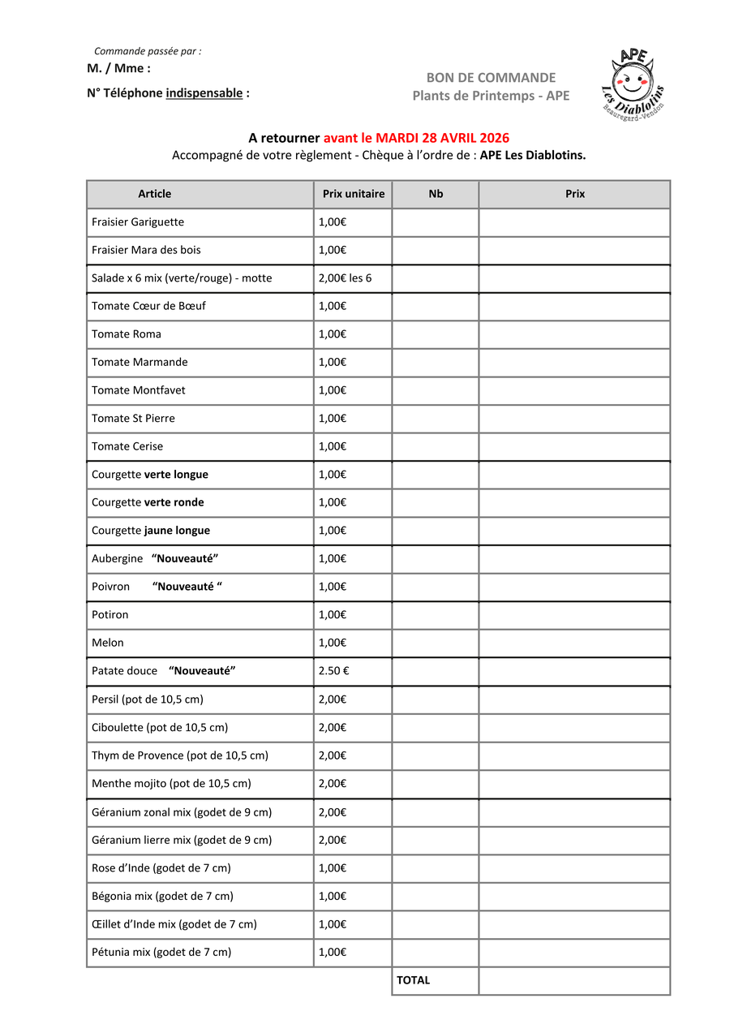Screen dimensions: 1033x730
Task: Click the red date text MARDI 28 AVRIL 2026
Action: point(442,139)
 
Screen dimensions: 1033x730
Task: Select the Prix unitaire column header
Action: point(353,194)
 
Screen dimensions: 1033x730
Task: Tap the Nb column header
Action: point(436,194)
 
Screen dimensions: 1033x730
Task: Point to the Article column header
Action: point(154,194)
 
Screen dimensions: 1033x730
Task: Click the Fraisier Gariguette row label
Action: point(138,222)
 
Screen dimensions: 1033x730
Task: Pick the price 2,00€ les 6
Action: point(345,278)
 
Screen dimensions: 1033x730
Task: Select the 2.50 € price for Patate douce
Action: point(333,671)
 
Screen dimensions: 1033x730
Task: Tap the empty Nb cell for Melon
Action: point(436,643)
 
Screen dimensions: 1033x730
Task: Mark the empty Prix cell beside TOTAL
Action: point(574,980)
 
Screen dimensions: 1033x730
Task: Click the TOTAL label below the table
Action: point(413,980)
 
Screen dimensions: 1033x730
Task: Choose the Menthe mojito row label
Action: point(171,784)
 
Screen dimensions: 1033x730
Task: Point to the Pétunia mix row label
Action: point(161,953)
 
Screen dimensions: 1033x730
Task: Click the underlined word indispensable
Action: point(204,93)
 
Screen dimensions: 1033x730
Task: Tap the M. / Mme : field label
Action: point(118,69)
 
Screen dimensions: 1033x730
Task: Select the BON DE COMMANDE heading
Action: point(491,78)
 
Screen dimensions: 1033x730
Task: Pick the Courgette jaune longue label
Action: point(151,531)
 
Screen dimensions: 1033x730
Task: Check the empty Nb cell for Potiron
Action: point(436,615)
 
